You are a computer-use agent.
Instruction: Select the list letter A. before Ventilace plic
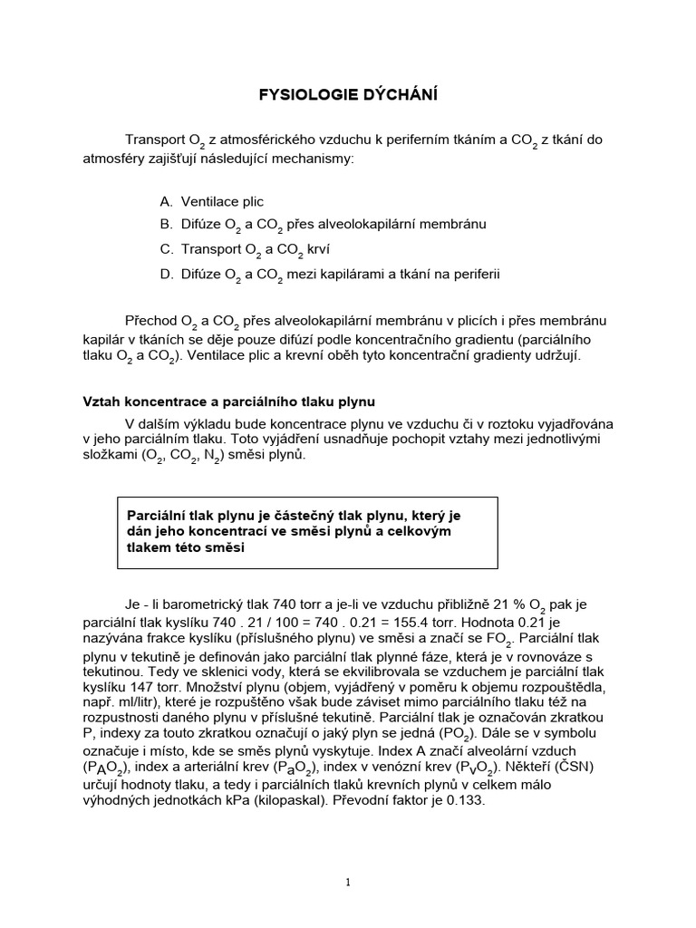[166, 201]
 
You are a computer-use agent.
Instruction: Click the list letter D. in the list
[166, 273]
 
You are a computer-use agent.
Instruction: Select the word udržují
[552, 355]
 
